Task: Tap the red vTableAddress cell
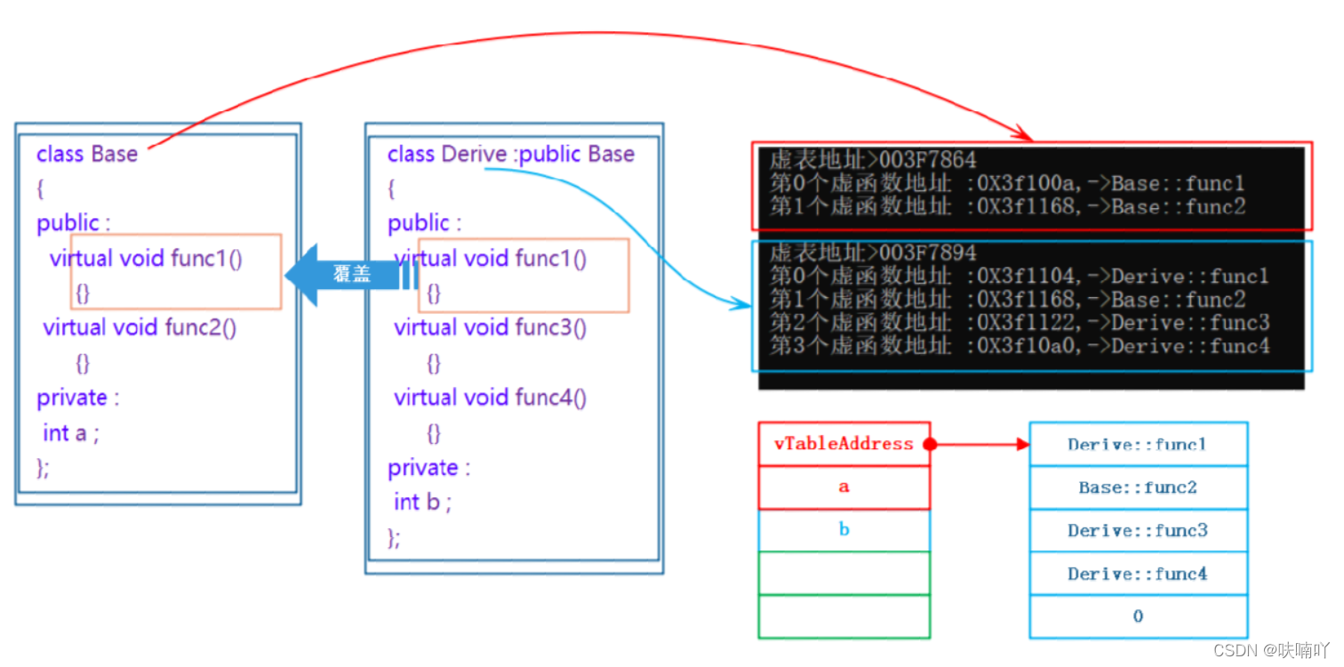point(843,444)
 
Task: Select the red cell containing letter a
point(843,486)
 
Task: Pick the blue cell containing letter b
point(843,530)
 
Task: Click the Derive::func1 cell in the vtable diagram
point(1138,445)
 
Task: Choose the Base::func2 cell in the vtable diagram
point(1138,487)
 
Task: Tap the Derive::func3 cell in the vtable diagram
point(1138,531)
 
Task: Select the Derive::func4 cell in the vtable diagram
point(1138,575)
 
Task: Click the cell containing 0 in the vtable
point(1138,616)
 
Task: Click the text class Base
point(87,154)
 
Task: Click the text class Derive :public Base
point(511,154)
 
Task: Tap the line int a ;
point(71,433)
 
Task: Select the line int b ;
point(423,502)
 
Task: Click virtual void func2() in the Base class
point(140,328)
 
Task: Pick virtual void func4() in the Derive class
point(491,398)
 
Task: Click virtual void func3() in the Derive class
point(491,328)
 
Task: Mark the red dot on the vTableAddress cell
point(930,444)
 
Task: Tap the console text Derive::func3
point(1190,323)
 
